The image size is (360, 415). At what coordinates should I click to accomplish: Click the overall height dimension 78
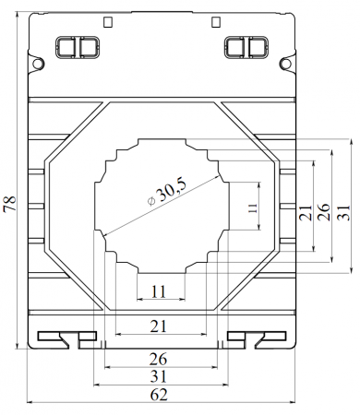click(10, 203)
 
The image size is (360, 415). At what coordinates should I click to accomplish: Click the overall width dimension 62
click(159, 395)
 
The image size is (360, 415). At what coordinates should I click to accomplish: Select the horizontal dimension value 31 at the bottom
click(159, 376)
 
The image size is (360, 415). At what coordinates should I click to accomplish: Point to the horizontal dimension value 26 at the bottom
click(159, 359)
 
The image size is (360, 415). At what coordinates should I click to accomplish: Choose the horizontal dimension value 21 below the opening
click(159, 326)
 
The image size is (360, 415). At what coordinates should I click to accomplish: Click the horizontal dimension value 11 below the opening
click(159, 291)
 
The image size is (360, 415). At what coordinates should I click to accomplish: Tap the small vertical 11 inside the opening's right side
click(253, 208)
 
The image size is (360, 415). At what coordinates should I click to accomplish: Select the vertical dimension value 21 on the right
click(306, 212)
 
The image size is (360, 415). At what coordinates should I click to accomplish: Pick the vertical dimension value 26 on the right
click(324, 212)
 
